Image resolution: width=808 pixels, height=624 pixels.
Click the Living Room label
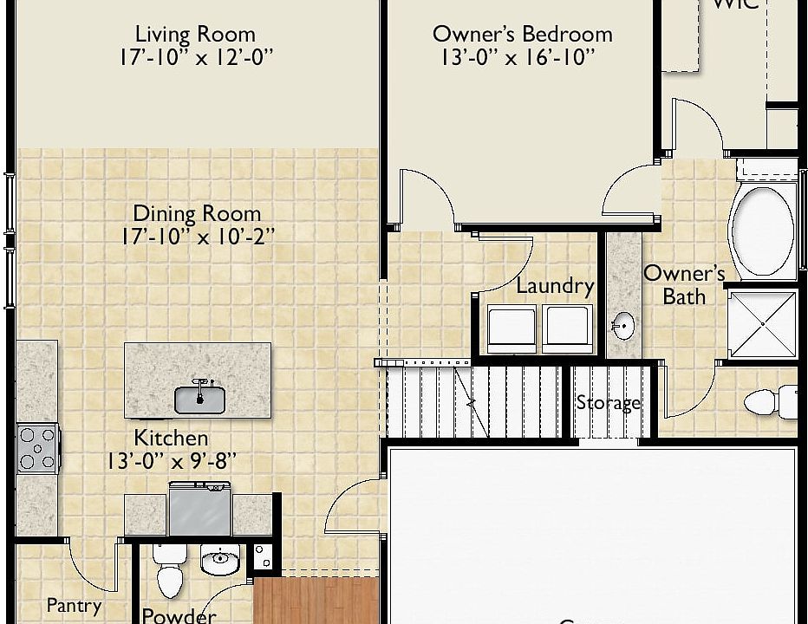195,35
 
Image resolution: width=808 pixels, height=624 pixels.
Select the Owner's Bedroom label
522,35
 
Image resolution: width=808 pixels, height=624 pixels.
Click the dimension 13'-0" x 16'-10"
518,58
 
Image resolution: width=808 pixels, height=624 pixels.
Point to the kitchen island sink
199,399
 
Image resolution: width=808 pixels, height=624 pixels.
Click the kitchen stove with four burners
38,448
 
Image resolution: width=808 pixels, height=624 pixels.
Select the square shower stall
761,324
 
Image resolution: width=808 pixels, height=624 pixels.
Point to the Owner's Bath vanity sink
622,327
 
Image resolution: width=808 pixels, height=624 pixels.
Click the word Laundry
555,286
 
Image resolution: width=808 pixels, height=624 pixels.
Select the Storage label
609,403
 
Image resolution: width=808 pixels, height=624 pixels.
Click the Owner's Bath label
684,285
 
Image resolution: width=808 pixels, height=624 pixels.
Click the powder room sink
220,562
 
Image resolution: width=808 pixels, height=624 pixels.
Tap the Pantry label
74,606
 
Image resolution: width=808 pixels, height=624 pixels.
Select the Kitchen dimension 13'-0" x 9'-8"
171,462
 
